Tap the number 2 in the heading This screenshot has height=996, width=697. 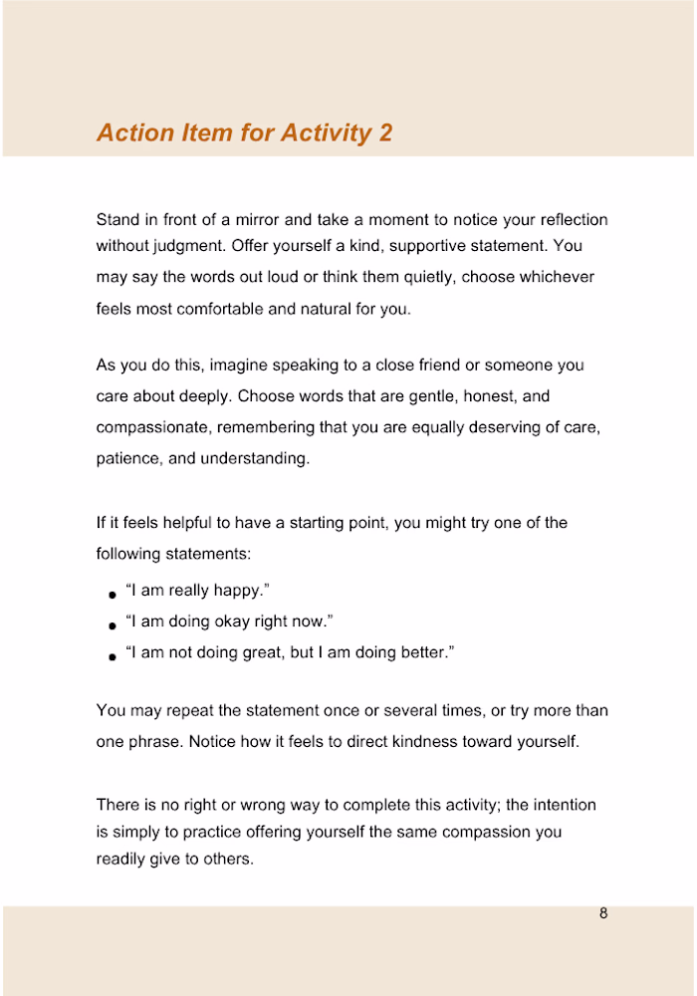385,132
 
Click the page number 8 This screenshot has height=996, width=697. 603,913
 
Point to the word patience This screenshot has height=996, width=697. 129,459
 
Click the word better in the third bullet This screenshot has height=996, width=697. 420,653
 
